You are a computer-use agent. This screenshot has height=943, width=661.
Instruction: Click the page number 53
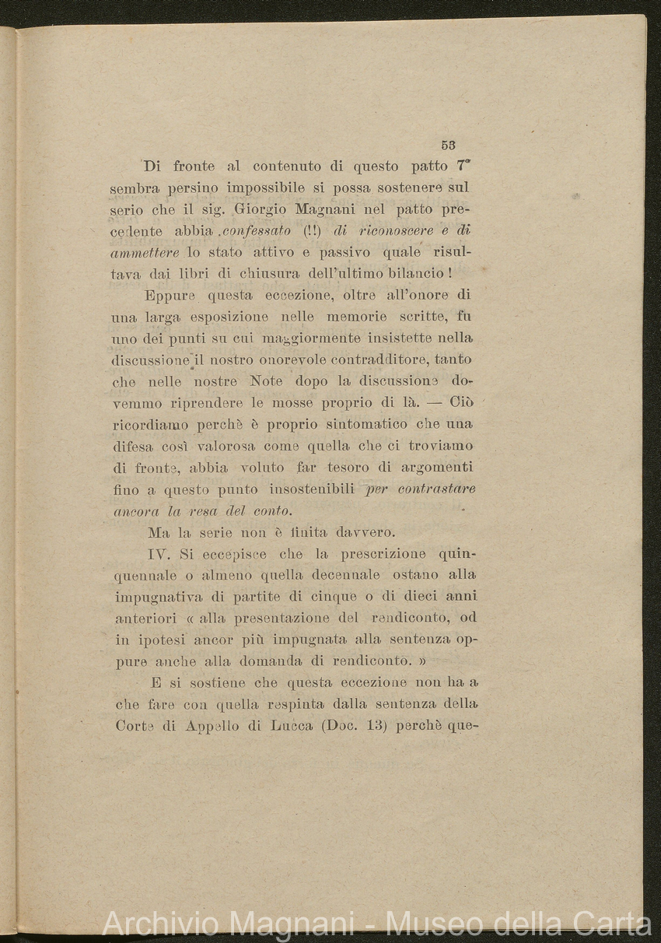coord(448,145)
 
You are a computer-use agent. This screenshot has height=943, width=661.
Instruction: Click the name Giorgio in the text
coord(256,209)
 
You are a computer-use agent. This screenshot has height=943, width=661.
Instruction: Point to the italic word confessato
coord(256,231)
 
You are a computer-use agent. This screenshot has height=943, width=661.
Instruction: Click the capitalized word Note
coord(266,382)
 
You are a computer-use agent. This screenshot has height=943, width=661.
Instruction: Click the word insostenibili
coord(312,489)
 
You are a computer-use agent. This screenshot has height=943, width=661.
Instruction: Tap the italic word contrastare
coord(436,489)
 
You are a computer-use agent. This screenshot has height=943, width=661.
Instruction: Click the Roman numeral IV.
coord(159,554)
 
